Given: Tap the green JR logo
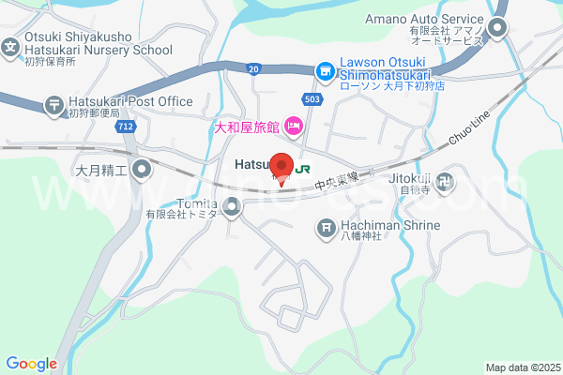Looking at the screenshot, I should tap(303, 170).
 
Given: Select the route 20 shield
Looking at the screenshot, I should tap(254, 68).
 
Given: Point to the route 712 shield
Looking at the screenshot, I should tap(124, 126).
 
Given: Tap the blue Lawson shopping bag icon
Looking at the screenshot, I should tap(324, 70).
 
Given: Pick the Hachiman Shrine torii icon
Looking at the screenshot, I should tap(326, 226).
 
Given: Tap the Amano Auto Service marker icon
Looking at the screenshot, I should tap(497, 28).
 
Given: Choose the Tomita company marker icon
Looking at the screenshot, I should tap(232, 204).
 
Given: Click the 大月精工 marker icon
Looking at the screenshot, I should tap(142, 170).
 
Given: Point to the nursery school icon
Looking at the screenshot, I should tap(10, 45).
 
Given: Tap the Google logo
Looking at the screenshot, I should tap(31, 364).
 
